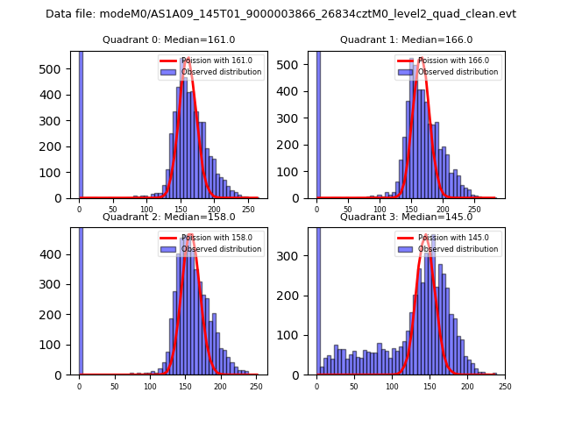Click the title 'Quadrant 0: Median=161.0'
point(169,39)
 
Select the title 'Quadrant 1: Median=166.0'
point(406,39)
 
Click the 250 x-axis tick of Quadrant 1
point(474,210)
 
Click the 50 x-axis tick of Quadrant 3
point(354,386)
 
